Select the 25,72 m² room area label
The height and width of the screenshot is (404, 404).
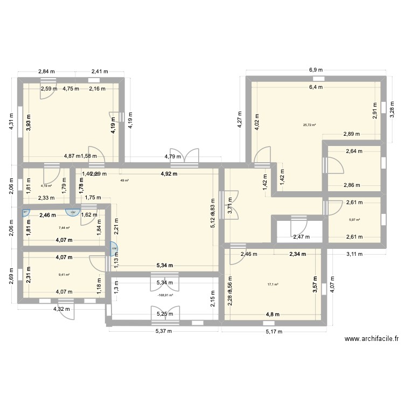point(309,125)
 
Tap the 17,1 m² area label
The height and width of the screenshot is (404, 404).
point(274,285)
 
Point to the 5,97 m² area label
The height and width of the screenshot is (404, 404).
point(354,219)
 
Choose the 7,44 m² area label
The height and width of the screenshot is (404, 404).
point(64,228)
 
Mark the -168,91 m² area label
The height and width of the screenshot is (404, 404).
point(165,295)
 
